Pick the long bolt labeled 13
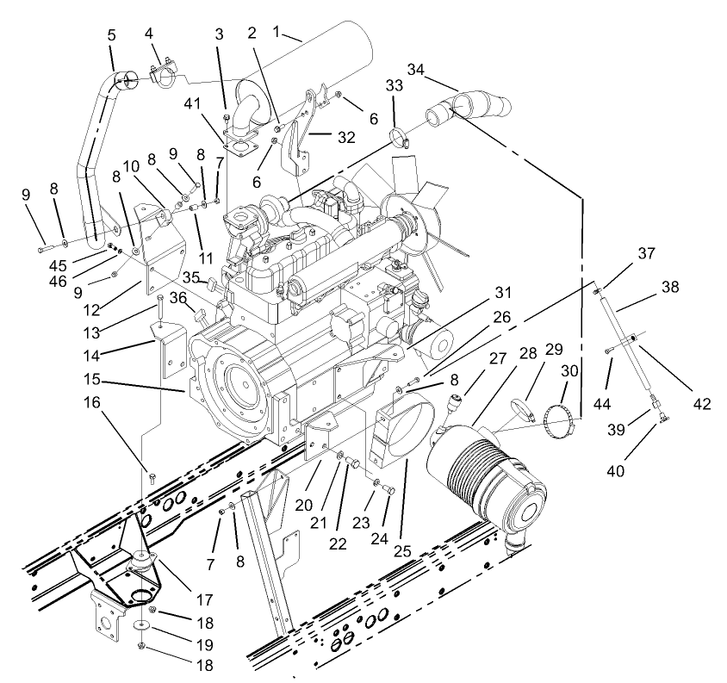[161, 306]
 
